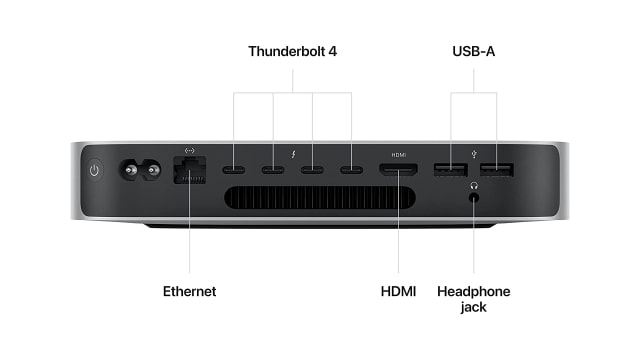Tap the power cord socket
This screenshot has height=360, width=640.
141,171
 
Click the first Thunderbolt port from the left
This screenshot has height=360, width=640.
234,169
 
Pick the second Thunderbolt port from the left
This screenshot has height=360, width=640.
273,169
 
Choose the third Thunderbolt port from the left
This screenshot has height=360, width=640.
312,169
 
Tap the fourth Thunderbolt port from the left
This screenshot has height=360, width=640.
351,169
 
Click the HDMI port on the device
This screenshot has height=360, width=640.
398,170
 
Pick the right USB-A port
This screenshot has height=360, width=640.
496,169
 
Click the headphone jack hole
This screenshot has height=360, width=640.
474,196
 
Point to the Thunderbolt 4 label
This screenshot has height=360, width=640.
293,49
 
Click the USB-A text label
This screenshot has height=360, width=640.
474,49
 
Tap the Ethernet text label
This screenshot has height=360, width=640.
189,291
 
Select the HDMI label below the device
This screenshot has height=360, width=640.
398,291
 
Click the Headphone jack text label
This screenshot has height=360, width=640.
474,298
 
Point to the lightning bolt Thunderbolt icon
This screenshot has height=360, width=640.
293,153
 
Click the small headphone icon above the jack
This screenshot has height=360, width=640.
474,183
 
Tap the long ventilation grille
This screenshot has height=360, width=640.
317,196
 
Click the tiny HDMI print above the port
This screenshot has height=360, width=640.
398,154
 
